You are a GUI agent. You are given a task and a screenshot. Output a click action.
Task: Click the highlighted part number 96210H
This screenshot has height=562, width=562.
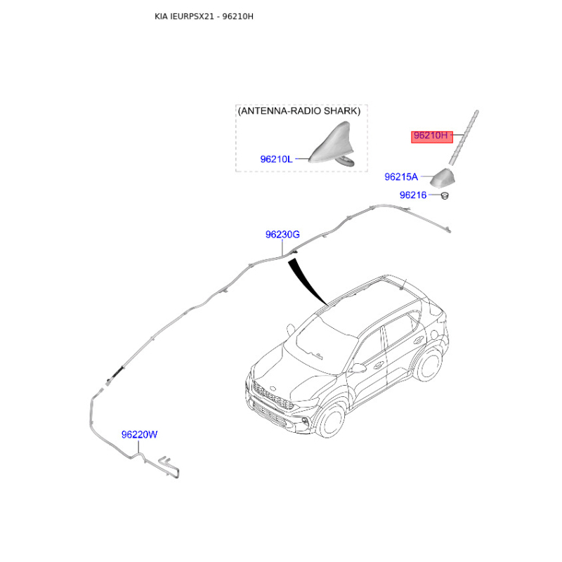tap(429, 136)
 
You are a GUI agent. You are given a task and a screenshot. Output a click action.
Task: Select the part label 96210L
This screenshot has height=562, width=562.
tap(275, 159)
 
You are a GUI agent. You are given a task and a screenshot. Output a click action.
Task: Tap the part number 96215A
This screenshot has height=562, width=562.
tap(400, 176)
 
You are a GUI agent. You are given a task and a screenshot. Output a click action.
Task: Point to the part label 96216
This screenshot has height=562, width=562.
tap(413, 195)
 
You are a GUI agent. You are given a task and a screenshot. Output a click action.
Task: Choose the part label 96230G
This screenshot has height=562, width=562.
tap(282, 235)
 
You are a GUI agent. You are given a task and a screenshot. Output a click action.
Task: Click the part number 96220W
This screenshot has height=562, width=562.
tap(138, 435)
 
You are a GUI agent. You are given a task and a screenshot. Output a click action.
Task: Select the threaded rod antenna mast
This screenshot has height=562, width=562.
tap(465, 137)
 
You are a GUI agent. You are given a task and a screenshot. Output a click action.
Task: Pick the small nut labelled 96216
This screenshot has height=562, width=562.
tap(445, 195)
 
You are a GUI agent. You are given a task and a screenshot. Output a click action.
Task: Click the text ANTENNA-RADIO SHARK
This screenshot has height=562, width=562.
tap(299, 111)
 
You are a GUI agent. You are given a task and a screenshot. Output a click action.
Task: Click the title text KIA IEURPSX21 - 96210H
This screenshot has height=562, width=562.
tap(204, 15)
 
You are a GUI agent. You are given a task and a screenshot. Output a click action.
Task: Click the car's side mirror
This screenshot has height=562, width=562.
tap(359, 367)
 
